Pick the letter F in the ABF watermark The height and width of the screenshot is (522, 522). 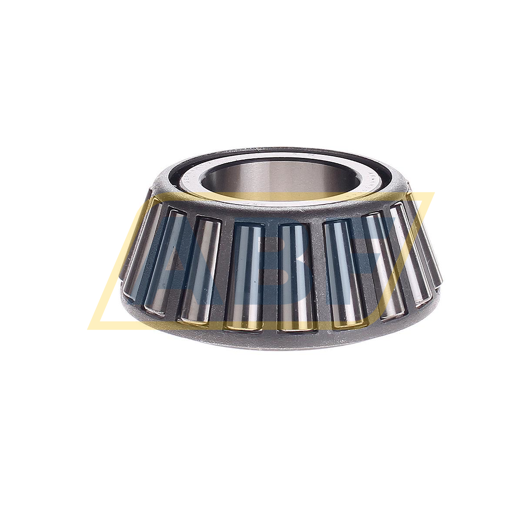coord(383,244)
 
